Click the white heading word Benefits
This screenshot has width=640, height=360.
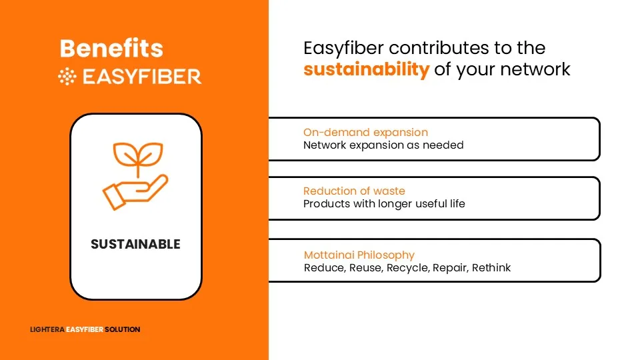click(111, 48)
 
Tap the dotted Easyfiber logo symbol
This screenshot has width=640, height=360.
click(67, 77)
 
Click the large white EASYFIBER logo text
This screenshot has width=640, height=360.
click(142, 77)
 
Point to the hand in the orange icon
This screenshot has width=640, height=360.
click(135, 192)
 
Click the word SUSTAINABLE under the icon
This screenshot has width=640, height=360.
click(135, 244)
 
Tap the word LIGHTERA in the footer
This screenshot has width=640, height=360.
click(47, 329)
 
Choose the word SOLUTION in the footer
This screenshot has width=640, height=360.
click(123, 329)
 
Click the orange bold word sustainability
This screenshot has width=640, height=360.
click(367, 69)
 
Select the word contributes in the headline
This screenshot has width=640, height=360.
click(439, 48)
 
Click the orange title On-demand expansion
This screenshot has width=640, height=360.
click(366, 132)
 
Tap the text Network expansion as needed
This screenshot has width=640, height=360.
click(384, 145)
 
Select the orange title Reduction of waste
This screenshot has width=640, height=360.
click(354, 191)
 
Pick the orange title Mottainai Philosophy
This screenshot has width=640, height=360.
click(359, 255)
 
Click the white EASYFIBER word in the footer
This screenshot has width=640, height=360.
click(85, 329)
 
